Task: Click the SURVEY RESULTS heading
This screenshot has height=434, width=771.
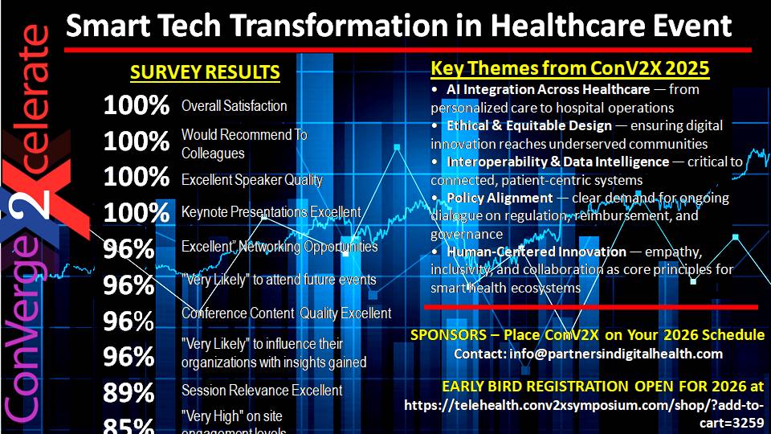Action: click(x=205, y=72)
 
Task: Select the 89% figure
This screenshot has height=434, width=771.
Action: click(x=128, y=393)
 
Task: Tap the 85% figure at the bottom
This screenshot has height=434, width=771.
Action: click(x=128, y=425)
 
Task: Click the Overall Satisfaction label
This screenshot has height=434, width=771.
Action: click(x=234, y=106)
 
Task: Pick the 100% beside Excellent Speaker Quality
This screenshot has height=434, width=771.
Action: click(x=136, y=177)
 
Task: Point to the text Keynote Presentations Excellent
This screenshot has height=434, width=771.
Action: click(x=271, y=212)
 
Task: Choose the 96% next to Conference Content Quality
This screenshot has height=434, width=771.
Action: click(x=128, y=321)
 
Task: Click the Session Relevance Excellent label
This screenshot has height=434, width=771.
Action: click(x=262, y=391)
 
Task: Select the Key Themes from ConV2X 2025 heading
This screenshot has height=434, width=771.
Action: click(x=570, y=68)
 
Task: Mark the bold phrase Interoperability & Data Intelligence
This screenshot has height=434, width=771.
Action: click(x=558, y=162)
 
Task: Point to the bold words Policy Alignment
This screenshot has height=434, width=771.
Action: click(x=500, y=198)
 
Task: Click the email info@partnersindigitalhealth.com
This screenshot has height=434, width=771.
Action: click(x=589, y=354)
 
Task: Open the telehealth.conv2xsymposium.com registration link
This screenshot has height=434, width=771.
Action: click(x=585, y=413)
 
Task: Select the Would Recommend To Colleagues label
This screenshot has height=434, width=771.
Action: click(x=244, y=143)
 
